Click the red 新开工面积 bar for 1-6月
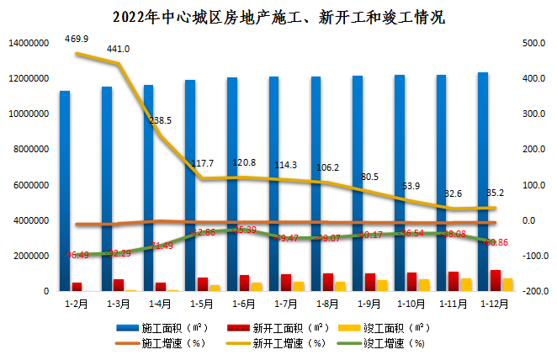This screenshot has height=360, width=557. (x=244, y=283)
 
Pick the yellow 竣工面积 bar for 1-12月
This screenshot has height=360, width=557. (x=507, y=284)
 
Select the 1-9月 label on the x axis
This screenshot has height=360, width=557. (x=364, y=301)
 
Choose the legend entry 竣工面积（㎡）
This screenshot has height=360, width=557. (x=395, y=327)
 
